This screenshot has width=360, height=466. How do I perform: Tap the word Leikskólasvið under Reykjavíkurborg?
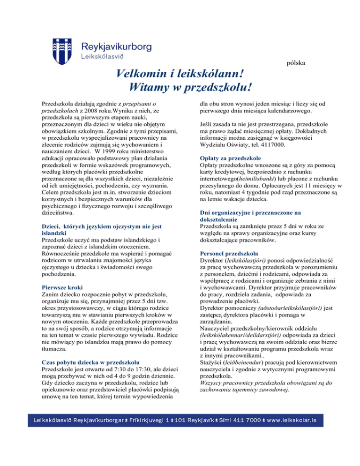(x=103, y=57)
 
